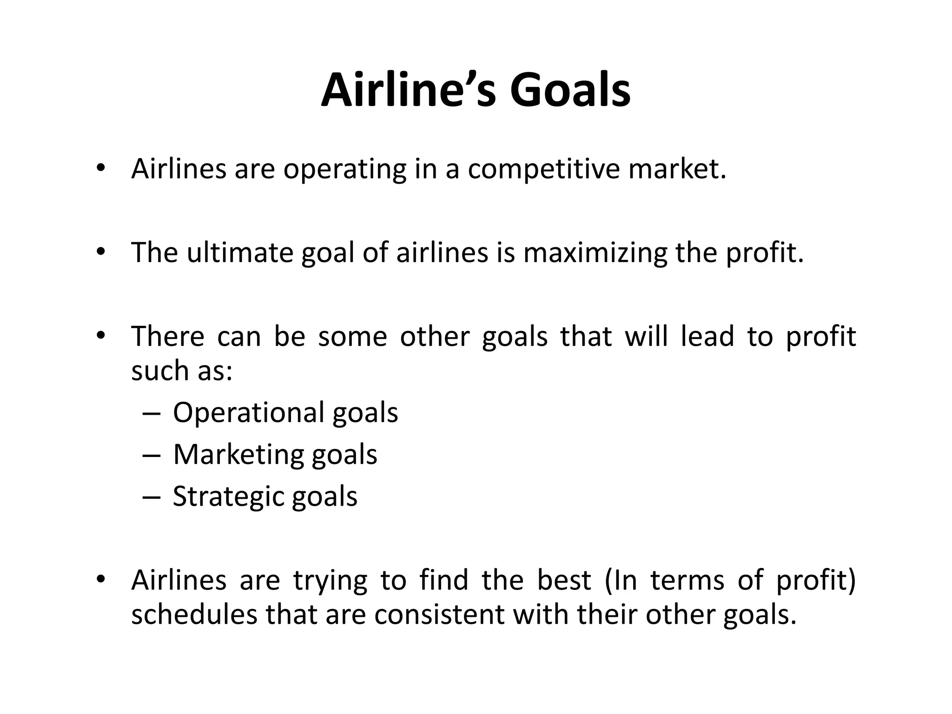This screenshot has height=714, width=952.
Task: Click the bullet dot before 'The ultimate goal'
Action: click(x=100, y=252)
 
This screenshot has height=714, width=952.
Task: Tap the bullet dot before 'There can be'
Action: click(x=100, y=335)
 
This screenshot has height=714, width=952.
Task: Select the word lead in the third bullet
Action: click(x=707, y=336)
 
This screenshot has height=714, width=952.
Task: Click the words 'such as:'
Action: click(x=181, y=370)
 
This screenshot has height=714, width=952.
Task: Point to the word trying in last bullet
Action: click(x=330, y=581)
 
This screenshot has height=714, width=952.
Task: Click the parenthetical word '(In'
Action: click(x=621, y=580)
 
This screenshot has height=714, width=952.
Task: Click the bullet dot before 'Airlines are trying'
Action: click(x=100, y=579)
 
